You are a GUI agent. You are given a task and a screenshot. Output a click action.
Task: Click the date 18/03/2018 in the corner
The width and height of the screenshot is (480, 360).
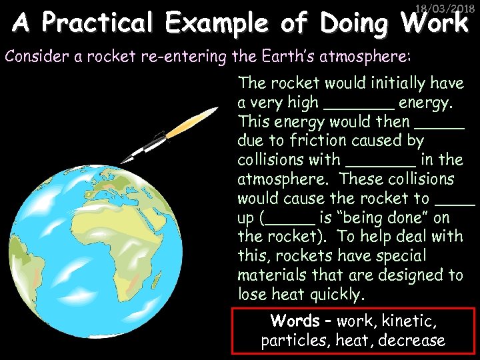coord(443,9)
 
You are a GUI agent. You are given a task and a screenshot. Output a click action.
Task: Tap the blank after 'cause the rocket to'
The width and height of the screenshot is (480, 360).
coord(454,201)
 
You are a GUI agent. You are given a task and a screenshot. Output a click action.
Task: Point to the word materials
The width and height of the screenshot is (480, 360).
coord(273,275)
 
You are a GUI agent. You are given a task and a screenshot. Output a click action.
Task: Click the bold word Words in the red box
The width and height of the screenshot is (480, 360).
coord(295,321)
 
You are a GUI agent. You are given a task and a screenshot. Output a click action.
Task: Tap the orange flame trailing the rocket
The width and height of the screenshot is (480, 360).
coord(193,123)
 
